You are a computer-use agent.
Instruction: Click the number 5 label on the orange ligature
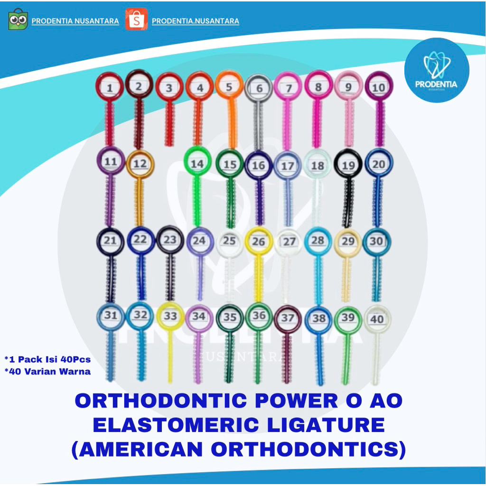(229, 87)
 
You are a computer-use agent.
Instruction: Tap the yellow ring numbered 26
(259, 242)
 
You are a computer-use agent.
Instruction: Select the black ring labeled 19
(348, 165)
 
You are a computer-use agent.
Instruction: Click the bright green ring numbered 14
(197, 164)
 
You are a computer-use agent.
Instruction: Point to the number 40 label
(377, 319)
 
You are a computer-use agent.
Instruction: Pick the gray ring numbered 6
(259, 88)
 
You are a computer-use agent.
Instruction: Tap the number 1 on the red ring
(110, 88)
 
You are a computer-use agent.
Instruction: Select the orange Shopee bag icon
(136, 19)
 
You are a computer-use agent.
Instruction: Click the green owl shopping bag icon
(18, 19)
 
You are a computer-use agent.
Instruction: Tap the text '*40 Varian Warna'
(47, 372)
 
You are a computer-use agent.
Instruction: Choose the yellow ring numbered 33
(170, 316)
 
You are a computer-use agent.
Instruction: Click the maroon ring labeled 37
(288, 318)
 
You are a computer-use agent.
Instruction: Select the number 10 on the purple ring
(378, 88)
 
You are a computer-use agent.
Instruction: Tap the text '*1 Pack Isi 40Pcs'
(47, 359)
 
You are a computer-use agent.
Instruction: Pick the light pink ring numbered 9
(348, 87)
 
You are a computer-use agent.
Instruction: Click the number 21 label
(110, 241)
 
